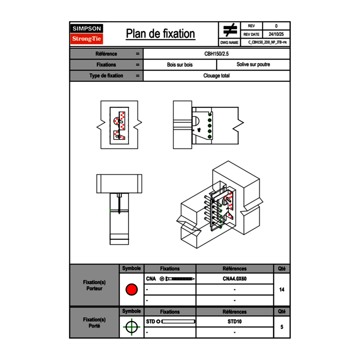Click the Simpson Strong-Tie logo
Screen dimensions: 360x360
[x=87, y=34]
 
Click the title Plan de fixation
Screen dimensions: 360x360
[x=160, y=34]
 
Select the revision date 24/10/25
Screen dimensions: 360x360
[x=276, y=34]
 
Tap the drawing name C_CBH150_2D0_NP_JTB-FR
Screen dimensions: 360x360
[x=267, y=42]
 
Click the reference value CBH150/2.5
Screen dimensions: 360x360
[x=216, y=54]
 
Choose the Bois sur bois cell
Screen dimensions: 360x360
[x=180, y=65]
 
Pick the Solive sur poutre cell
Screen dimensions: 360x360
[x=253, y=65]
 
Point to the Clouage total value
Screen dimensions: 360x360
[x=216, y=76]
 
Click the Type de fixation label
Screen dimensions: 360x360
[x=106, y=76]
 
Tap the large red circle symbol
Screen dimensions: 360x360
[x=131, y=290]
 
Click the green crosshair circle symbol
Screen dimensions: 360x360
[x=131, y=327]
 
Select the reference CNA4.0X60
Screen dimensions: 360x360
[x=234, y=279]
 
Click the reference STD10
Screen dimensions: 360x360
[x=234, y=322]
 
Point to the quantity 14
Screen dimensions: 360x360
[x=281, y=290]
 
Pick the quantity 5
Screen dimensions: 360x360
[x=281, y=327]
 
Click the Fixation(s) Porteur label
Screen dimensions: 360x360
[x=94, y=285]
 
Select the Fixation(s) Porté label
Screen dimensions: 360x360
[x=94, y=322]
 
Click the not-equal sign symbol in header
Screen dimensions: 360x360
[x=230, y=30]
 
